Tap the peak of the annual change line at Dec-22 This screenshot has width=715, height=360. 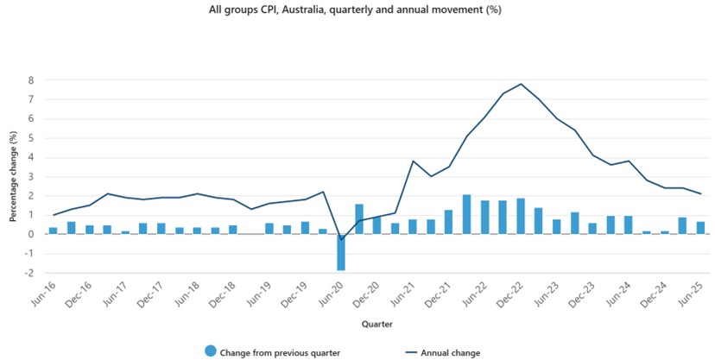click(521, 85)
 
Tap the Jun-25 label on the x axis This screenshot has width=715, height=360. click(693, 294)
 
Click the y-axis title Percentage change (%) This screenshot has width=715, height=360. click(13, 177)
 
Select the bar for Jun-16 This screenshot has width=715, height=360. click(54, 231)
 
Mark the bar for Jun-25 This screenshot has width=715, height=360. click(700, 228)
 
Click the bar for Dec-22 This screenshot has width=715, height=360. click(521, 216)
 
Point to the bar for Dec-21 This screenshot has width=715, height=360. click(449, 222)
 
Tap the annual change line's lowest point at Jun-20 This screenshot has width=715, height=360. click(341, 239)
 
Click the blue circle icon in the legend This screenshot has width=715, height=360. click(210, 351)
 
